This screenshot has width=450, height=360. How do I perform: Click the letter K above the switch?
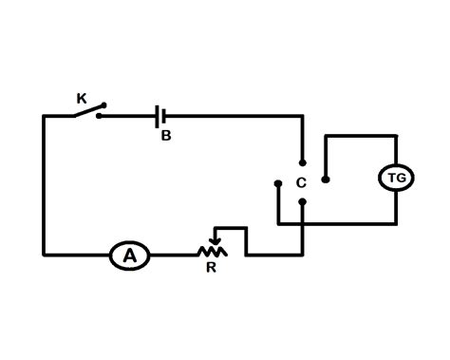tap(81, 97)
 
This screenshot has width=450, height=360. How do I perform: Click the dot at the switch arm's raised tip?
tap(103, 105)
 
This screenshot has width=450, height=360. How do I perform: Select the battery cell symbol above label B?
tap(162, 116)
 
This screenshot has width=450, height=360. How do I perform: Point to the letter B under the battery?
tap(165, 136)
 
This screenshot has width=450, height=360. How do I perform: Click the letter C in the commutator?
tap(301, 181)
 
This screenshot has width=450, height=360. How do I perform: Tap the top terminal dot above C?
tap(302, 161)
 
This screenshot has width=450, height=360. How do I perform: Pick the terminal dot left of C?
tap(277, 181)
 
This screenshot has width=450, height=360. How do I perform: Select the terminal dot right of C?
tap(326, 180)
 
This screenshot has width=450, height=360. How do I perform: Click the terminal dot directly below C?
tap(302, 201)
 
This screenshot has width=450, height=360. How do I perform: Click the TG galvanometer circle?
tap(394, 179)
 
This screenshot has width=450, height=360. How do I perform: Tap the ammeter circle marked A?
tap(130, 255)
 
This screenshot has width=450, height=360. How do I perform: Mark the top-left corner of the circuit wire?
tap(44, 116)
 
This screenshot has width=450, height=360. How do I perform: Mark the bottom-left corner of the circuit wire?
tap(44, 255)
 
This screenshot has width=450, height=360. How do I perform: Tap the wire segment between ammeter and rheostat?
tap(173, 255)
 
